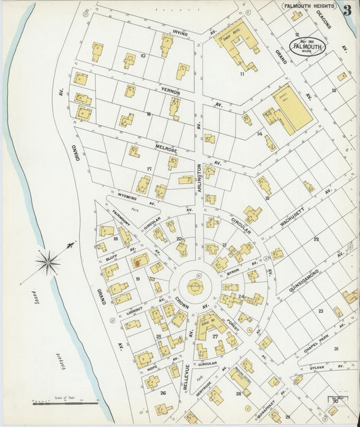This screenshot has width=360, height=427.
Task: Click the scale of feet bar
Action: (x=66, y=404)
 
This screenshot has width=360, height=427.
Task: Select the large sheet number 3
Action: (x=346, y=9)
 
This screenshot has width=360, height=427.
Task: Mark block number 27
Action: (x=215, y=336)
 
